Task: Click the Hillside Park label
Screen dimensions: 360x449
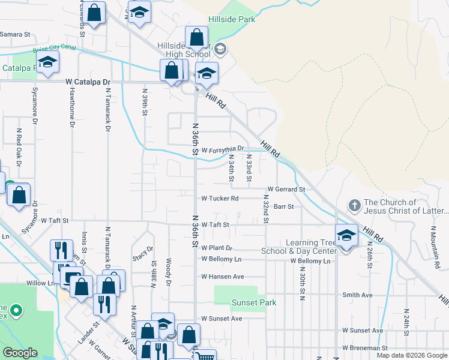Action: click(232, 19)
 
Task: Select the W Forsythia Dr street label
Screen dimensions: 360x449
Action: click(223, 149)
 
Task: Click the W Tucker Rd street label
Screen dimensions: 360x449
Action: click(220, 198)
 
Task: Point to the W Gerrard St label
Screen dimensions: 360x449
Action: click(286, 189)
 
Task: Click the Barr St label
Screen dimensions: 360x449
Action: click(283, 206)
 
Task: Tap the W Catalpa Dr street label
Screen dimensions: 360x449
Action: click(89, 82)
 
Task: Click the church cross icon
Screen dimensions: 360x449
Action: click(354, 206)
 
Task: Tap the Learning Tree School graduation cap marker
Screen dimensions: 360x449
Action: click(346, 236)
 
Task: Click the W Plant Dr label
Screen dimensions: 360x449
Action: click(217, 248)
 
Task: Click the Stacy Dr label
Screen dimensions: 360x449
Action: click(134, 253)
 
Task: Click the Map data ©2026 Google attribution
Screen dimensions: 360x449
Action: click(412, 355)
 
